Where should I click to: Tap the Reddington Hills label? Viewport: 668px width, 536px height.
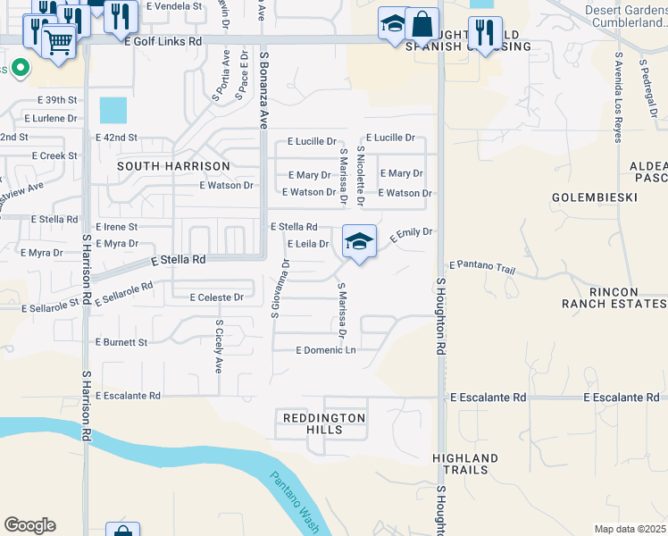(324, 423)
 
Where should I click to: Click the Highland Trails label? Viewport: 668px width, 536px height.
(460, 464)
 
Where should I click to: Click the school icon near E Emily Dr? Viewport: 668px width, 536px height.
(359, 242)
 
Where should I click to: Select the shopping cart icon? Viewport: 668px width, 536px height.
(58, 41)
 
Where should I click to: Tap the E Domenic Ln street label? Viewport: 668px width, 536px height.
(325, 350)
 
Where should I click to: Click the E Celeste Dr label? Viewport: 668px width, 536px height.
(216, 297)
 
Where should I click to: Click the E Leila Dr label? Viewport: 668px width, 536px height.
(307, 244)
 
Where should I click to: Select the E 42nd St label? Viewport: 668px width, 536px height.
(117, 138)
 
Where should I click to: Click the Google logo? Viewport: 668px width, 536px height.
(29, 525)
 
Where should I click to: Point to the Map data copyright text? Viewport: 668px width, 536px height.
(630, 529)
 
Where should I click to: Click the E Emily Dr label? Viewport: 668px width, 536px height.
(411, 233)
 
